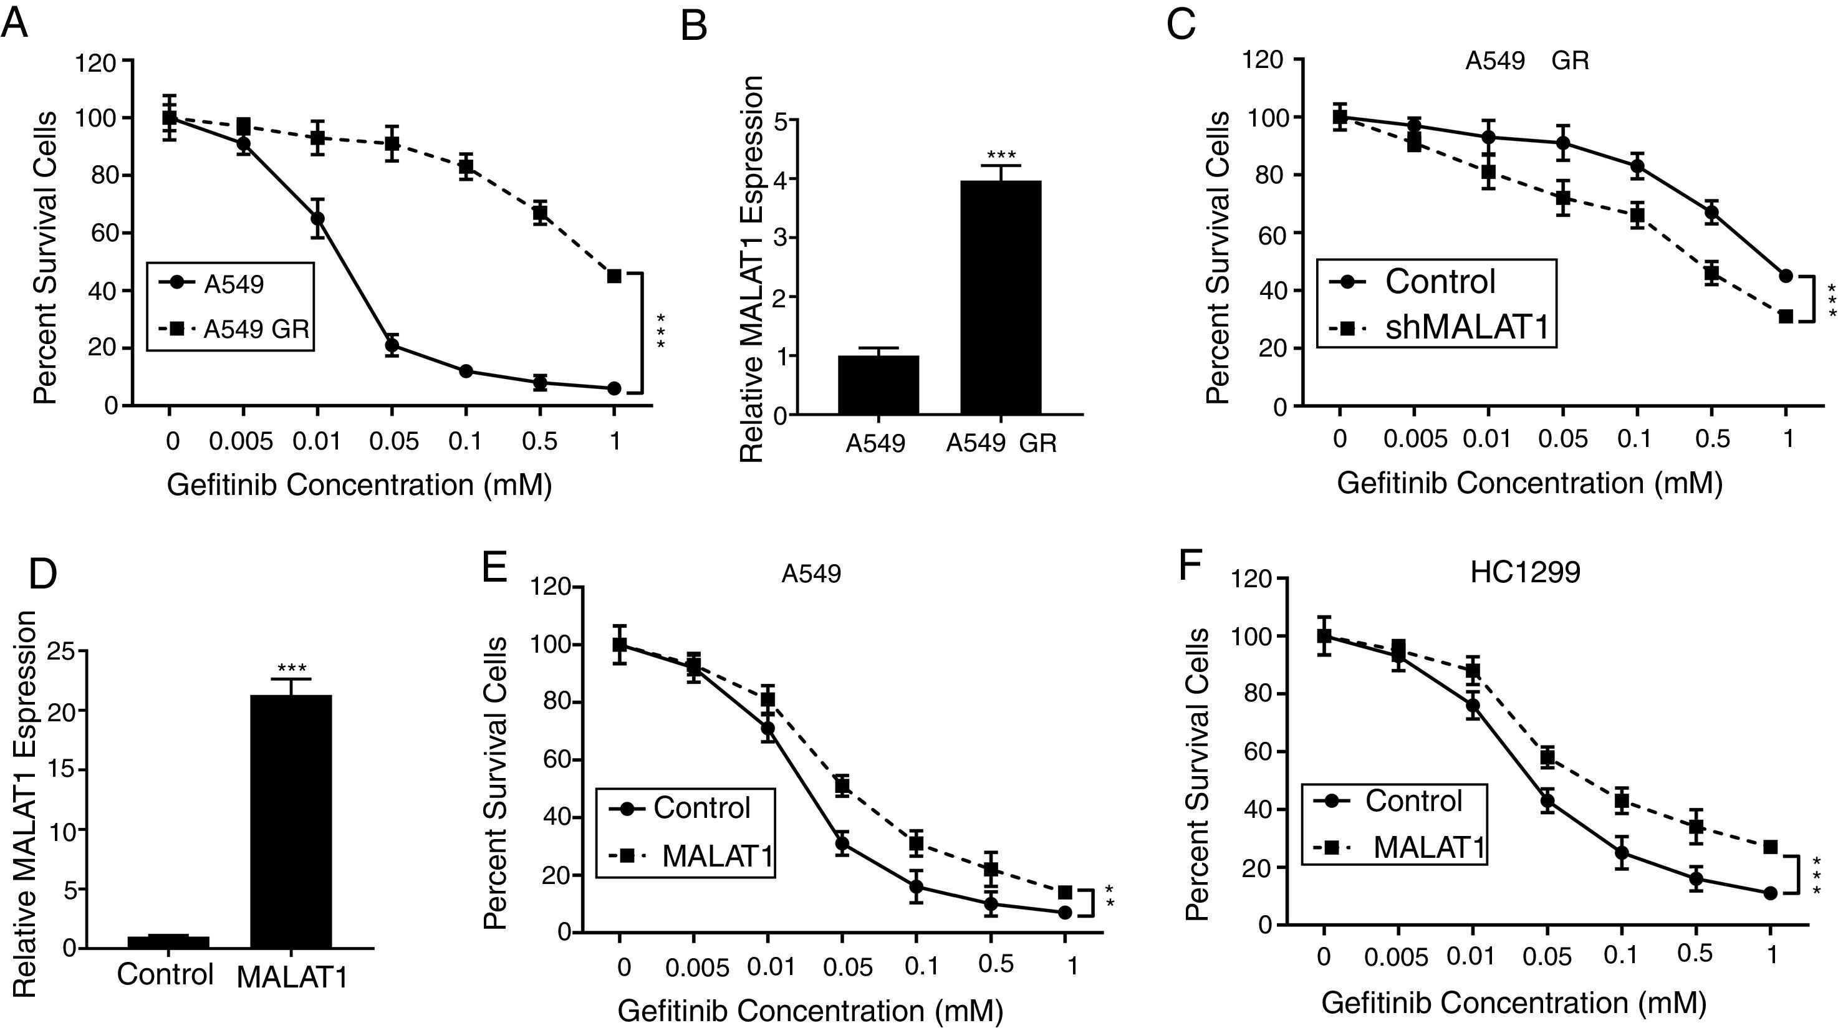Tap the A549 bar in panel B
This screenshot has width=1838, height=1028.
click(878, 385)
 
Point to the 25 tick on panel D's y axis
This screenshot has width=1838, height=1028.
click(64, 651)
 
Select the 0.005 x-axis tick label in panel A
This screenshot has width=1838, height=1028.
click(241, 441)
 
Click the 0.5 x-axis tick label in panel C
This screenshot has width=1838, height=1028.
click(1711, 438)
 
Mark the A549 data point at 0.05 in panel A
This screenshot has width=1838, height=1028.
click(392, 346)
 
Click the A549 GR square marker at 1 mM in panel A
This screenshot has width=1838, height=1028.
click(614, 276)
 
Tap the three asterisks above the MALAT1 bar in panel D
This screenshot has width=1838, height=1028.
click(292, 668)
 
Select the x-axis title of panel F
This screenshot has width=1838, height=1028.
click(1514, 1003)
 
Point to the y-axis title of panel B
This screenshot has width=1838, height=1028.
click(751, 270)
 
